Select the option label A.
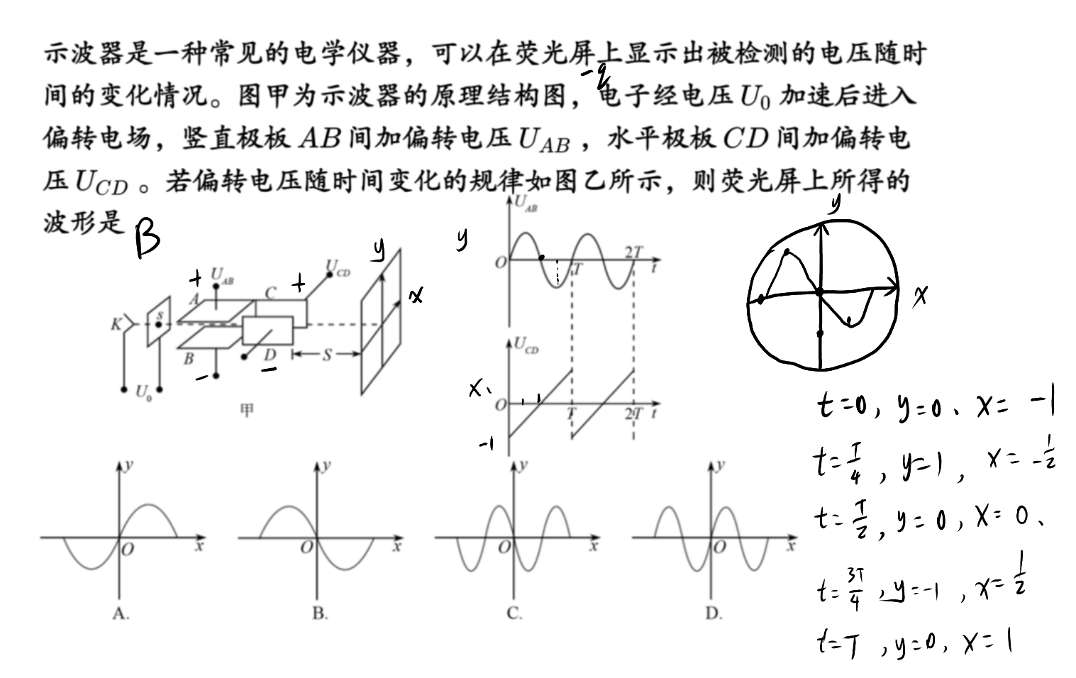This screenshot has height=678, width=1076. click(x=121, y=613)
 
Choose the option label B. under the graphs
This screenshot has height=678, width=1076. click(x=321, y=613)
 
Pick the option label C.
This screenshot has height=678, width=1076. click(x=515, y=613)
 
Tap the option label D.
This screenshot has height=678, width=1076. click(x=714, y=613)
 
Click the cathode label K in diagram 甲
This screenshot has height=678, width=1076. click(x=116, y=325)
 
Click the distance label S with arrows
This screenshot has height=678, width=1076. click(x=327, y=355)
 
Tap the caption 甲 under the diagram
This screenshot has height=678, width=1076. click(x=247, y=410)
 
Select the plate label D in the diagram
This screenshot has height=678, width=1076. click(x=270, y=355)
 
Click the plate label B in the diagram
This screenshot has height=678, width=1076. click(x=189, y=358)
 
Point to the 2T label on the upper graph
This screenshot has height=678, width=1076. click(x=633, y=252)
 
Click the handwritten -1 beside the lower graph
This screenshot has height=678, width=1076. click(x=487, y=445)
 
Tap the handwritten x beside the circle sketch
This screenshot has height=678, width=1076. click(x=919, y=295)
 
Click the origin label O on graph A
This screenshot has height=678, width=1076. click(x=127, y=549)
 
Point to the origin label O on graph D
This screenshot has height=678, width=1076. click(x=719, y=547)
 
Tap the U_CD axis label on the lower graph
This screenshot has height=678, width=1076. click(x=526, y=345)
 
